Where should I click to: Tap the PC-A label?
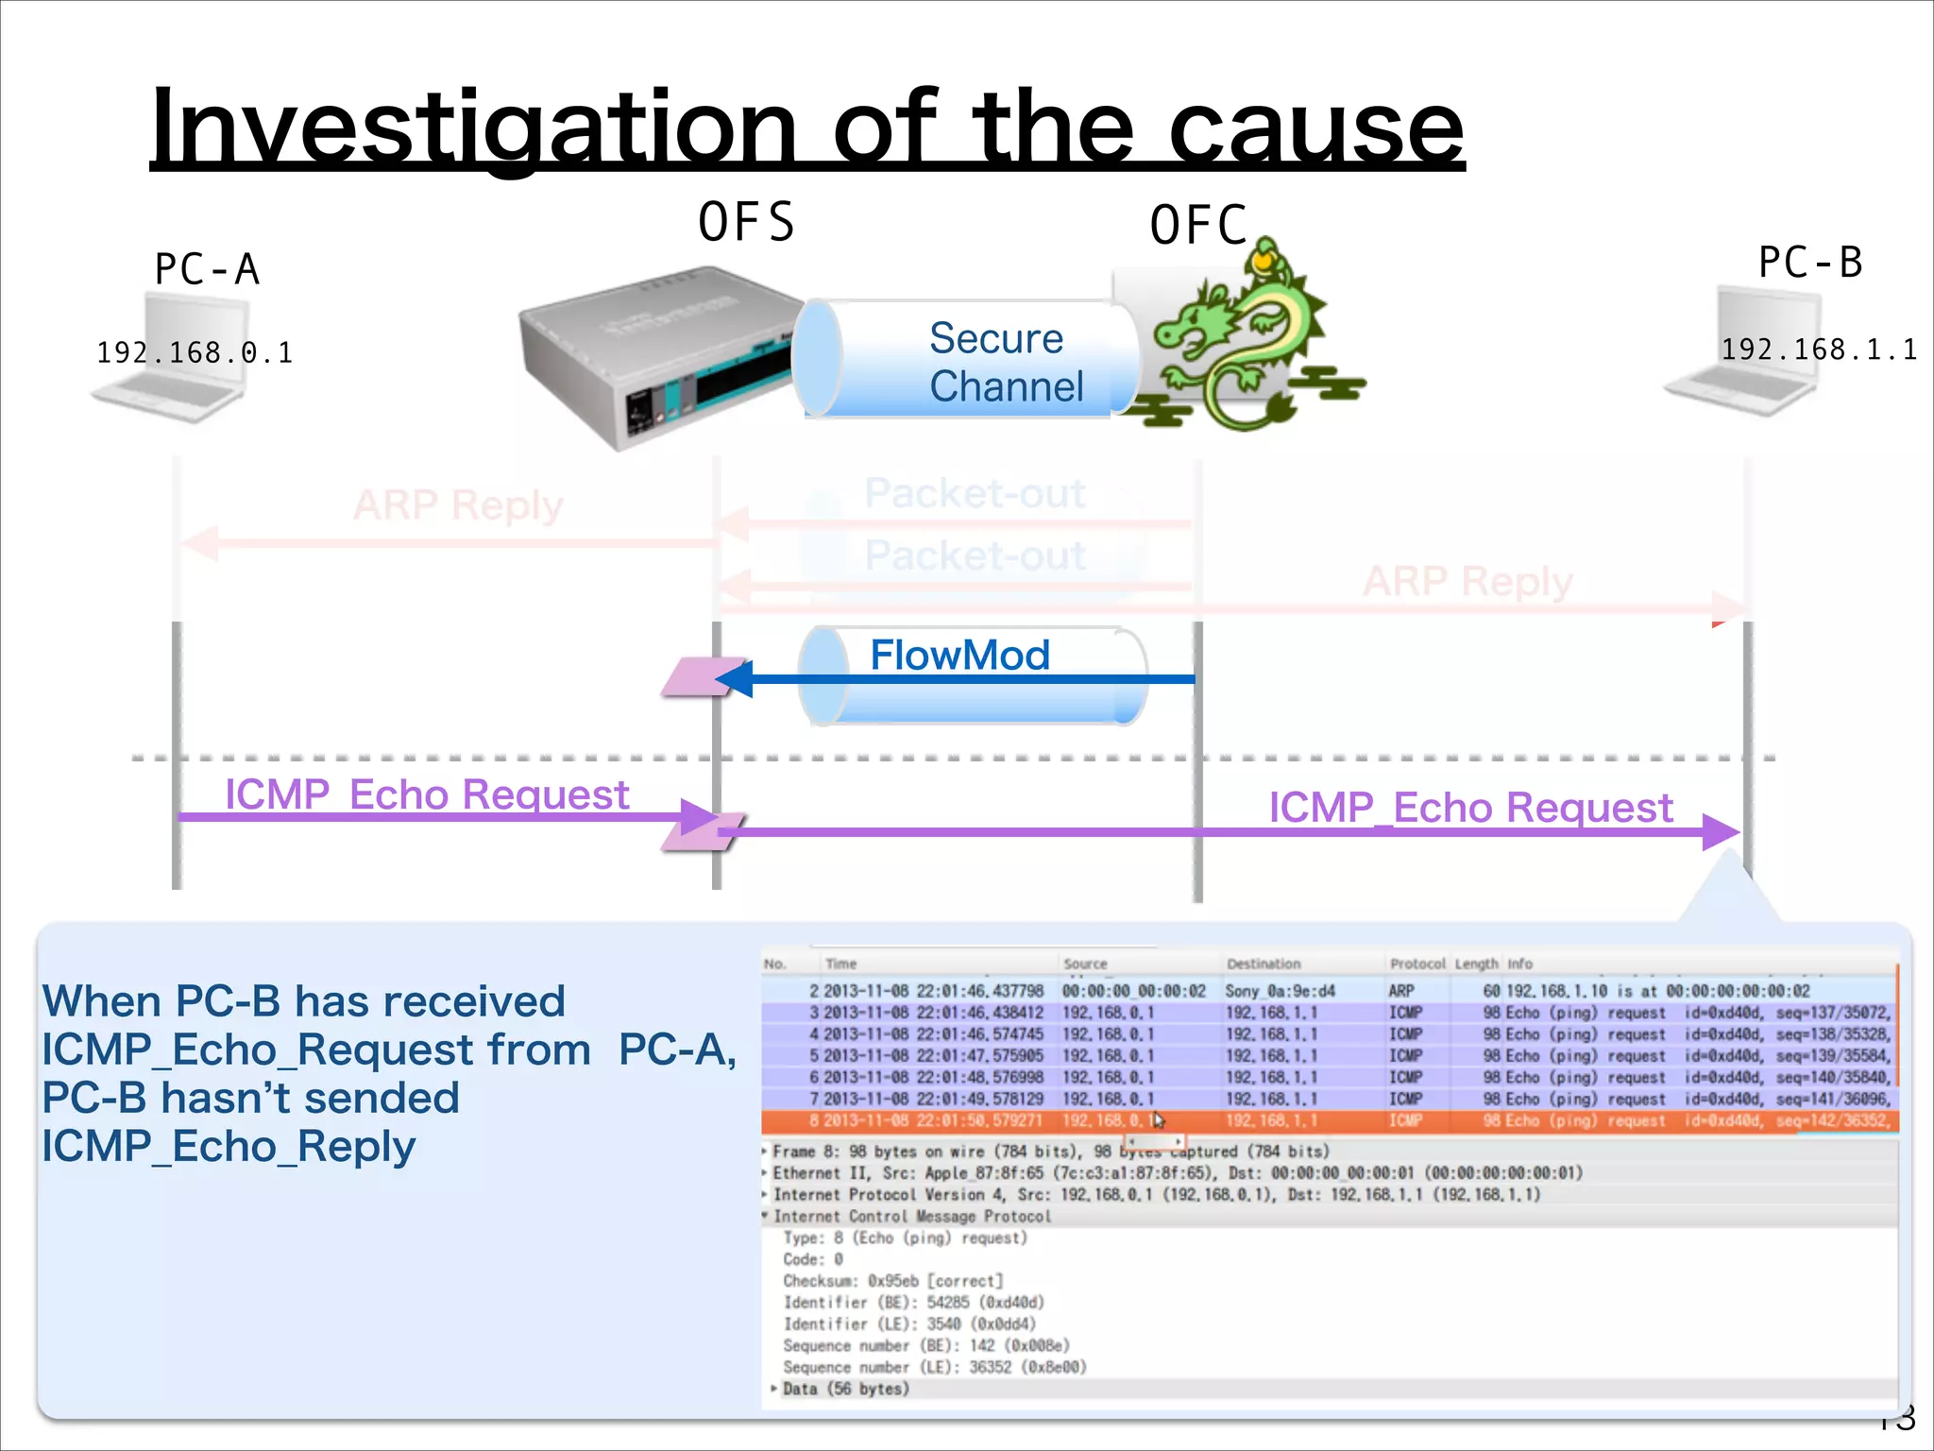[207, 269]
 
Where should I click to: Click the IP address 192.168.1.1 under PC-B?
[1818, 350]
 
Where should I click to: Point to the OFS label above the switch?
[746, 223]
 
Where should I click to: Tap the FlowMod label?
[959, 655]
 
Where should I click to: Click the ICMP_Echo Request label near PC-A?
[427, 794]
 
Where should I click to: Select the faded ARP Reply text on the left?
[458, 505]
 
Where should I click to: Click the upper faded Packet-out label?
[975, 494]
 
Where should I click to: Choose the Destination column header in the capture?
[1263, 964]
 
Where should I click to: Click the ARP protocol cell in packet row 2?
[1401, 991]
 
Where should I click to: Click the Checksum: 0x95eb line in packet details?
[892, 1281]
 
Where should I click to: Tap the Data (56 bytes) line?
[845, 1389]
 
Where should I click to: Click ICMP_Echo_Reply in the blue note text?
[229, 1147]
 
